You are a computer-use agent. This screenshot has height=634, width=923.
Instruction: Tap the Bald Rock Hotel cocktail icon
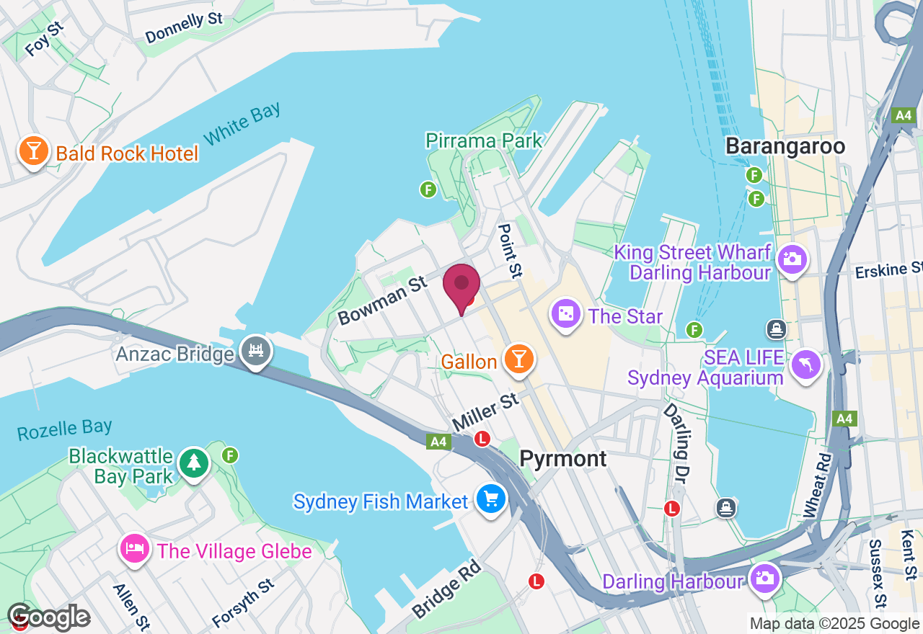[x=33, y=151]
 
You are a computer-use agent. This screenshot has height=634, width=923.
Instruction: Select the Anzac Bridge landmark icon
[x=257, y=352]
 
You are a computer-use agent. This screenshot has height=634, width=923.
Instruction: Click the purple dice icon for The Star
[x=566, y=314]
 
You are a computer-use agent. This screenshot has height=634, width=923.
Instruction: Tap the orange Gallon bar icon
[x=518, y=359]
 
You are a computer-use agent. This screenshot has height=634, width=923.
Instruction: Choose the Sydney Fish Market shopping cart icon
[x=490, y=499]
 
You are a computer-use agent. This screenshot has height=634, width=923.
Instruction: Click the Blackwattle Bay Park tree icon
[x=193, y=463]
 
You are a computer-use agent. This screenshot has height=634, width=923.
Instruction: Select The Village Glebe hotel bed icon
[x=136, y=550]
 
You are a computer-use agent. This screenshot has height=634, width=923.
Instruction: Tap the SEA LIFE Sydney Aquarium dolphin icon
[x=806, y=365]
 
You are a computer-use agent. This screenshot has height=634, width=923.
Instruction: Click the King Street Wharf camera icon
[x=792, y=258]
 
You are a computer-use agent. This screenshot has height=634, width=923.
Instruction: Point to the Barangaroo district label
[x=785, y=146]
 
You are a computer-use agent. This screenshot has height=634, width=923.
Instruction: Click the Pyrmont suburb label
[x=563, y=459]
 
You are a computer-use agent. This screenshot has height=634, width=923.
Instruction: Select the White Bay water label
[x=242, y=124]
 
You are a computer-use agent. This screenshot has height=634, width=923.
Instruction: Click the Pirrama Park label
[x=484, y=140]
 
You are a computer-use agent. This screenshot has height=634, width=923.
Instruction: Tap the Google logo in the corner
[x=49, y=617]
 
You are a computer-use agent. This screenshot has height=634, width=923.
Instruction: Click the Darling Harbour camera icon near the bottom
[x=764, y=579]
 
